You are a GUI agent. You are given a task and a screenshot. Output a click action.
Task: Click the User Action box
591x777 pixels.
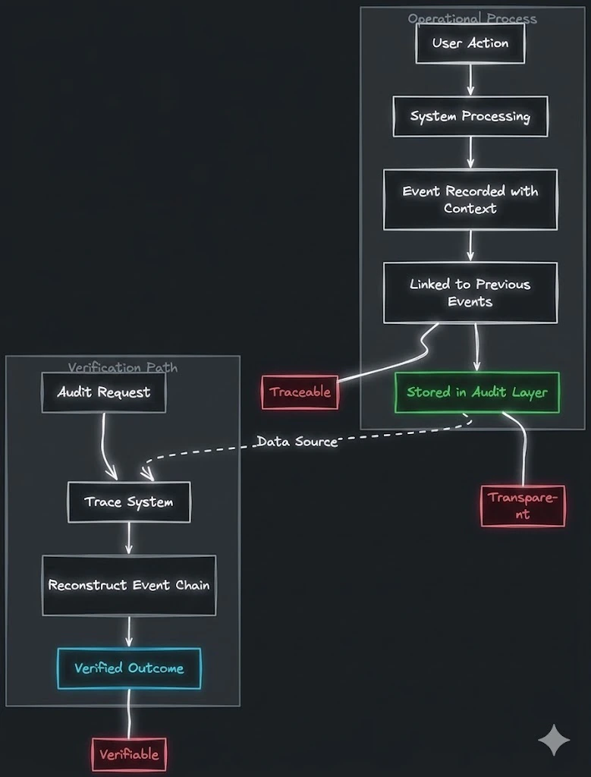[x=470, y=43]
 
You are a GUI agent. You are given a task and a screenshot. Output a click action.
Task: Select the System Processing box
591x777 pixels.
[x=470, y=116]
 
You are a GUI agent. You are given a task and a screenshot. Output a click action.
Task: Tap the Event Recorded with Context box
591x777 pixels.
[x=470, y=200]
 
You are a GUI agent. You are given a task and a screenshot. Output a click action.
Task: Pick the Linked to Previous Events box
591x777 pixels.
[x=470, y=293]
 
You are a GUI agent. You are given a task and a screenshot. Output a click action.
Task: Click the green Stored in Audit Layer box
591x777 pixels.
[x=476, y=392]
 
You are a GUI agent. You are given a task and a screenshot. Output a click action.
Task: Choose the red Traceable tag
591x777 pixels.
[x=300, y=392]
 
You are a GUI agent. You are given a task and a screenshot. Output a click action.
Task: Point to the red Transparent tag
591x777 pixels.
[x=523, y=506]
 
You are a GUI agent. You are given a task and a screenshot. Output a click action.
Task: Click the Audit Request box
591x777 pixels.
[x=103, y=392]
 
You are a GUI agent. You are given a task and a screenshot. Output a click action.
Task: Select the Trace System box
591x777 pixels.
[x=129, y=502]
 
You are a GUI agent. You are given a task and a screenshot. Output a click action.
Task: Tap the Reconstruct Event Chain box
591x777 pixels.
[x=129, y=585]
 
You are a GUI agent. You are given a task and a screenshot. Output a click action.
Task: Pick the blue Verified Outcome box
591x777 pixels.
[x=129, y=668]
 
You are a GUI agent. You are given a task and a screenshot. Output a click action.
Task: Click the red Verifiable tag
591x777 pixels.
[x=129, y=754]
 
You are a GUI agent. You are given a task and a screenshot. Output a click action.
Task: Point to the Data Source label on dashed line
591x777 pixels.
[x=297, y=442]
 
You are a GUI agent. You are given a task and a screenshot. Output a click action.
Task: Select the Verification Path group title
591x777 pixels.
[x=123, y=368]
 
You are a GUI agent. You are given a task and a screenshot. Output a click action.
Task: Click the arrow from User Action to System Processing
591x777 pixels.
[x=470, y=79]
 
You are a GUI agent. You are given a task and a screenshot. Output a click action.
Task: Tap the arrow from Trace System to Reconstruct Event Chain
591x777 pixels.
[x=129, y=539]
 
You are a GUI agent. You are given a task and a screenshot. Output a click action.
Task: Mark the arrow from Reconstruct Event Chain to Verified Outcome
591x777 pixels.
[x=129, y=631]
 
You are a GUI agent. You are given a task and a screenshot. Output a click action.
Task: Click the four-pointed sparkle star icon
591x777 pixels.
[x=554, y=740]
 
